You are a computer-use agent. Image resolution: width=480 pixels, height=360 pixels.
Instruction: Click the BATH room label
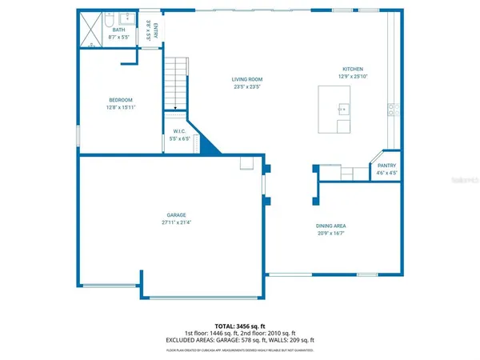[x=118, y=29]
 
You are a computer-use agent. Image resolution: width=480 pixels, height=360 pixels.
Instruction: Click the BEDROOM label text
[x=120, y=100]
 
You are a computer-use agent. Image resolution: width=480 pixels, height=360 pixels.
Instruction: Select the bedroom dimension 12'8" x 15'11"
[x=120, y=107]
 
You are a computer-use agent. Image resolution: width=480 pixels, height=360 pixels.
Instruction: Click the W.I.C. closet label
[x=179, y=131]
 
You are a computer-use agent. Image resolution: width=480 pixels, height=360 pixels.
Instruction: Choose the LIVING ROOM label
[x=247, y=80]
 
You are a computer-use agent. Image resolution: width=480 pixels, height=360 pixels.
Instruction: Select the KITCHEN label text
[x=353, y=70]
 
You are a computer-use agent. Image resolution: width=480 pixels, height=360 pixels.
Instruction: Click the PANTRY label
[x=381, y=166]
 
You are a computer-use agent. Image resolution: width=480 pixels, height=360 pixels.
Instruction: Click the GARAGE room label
[x=177, y=214]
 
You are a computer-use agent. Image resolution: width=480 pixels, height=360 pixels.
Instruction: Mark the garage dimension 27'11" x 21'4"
[x=177, y=222]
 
